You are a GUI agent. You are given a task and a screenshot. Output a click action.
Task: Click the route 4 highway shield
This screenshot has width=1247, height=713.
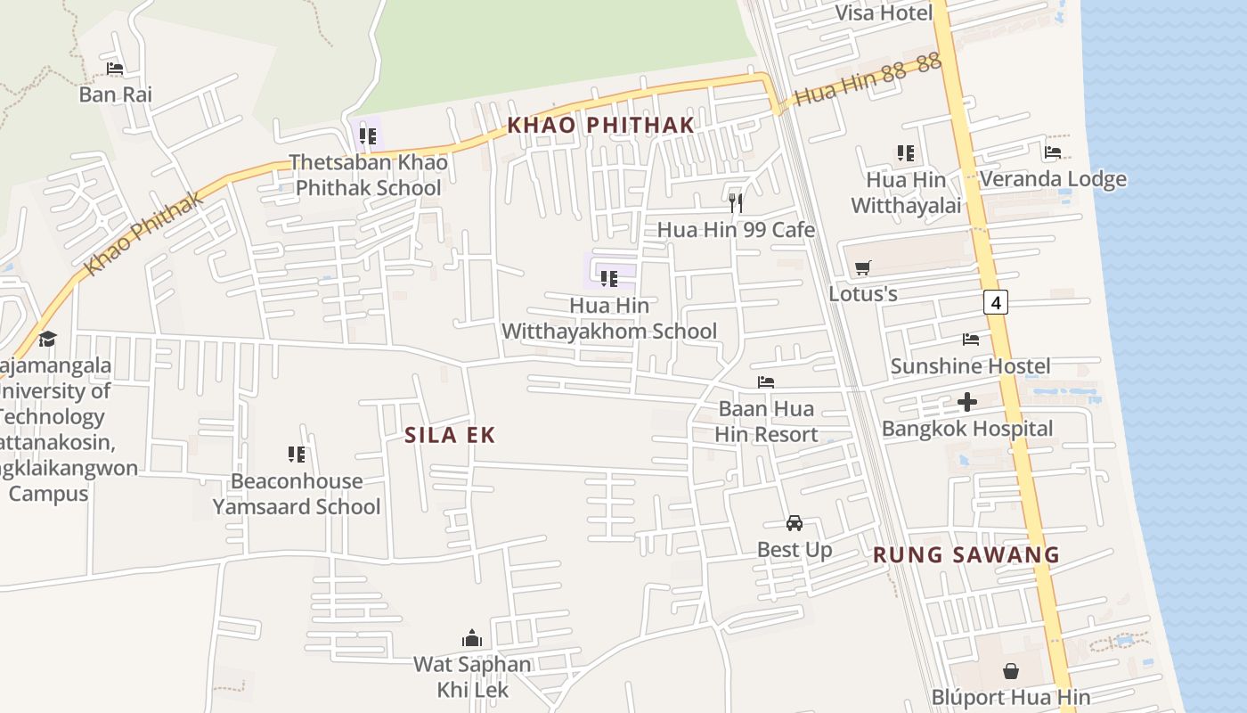pos(996,303)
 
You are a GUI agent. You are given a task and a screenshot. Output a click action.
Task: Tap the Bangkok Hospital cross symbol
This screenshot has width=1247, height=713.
pos(967,402)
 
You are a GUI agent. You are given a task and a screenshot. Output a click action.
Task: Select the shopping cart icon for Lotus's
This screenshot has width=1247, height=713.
pos(862,267)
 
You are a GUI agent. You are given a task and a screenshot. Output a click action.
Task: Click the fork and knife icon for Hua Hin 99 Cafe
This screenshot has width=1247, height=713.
pos(736,203)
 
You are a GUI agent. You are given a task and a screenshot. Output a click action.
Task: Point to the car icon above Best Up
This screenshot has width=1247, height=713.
pos(794,523)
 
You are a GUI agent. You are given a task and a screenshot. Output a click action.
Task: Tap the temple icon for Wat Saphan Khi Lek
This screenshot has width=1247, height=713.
pos(472,638)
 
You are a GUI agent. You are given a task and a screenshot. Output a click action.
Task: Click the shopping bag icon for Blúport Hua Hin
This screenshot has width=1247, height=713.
pos(1011,670)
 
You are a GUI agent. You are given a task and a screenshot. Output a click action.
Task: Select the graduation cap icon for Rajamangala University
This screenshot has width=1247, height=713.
pos(47,339)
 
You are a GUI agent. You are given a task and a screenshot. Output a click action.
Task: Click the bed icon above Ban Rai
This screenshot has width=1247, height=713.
pos(115,69)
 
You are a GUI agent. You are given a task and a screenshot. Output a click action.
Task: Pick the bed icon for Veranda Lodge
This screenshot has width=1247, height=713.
pos(1053,152)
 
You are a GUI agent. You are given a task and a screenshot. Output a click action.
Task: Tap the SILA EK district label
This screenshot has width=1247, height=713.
pos(450,435)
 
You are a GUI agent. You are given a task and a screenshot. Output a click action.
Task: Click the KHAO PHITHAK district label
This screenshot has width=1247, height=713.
pos(600,125)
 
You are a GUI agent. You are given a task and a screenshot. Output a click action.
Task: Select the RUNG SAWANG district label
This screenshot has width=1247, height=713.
pos(966,554)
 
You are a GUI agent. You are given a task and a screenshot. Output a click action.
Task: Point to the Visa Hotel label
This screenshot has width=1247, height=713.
pos(884,12)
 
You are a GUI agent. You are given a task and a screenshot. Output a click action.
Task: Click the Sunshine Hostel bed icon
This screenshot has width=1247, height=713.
pos(971,340)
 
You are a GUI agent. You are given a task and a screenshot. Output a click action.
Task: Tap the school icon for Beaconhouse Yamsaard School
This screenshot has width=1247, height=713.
pos(297,455)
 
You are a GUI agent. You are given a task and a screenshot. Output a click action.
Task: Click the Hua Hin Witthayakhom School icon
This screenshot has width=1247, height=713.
pos(609,279)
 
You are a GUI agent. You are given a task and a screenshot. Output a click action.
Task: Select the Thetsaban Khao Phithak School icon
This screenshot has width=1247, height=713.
pos(368,136)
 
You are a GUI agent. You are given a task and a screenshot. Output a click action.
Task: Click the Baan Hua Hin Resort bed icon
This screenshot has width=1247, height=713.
pos(766,382)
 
